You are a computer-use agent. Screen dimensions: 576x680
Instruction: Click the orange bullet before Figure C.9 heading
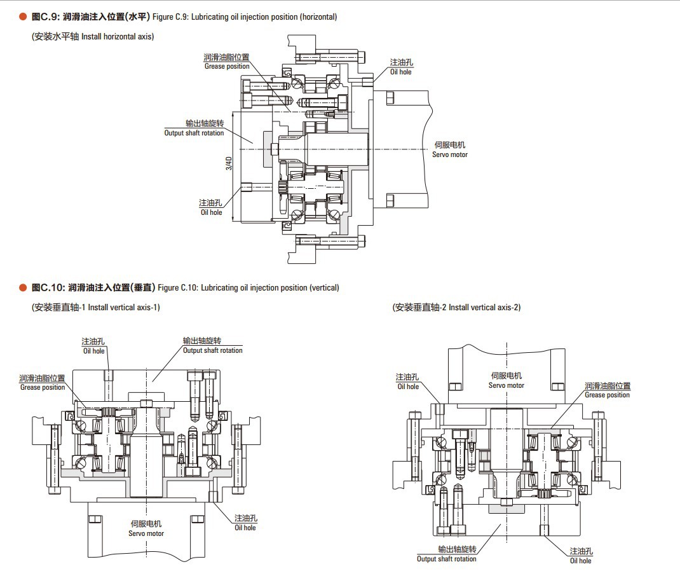(23, 17)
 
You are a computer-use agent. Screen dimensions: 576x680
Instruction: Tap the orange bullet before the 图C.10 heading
(23, 287)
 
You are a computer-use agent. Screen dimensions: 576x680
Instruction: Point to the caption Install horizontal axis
(118, 36)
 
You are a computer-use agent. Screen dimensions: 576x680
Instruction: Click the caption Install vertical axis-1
(123, 307)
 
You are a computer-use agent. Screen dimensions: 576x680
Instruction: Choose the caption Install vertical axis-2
(484, 307)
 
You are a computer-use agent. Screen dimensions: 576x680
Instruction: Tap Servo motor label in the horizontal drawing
(450, 154)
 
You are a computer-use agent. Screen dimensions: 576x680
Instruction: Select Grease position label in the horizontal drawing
(227, 66)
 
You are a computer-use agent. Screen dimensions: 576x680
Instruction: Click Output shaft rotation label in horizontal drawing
(194, 133)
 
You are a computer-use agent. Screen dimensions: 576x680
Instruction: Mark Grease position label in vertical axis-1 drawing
(43, 387)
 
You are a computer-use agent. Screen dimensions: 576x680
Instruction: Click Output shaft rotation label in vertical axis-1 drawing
(212, 350)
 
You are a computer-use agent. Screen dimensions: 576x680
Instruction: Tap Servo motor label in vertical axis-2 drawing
(507, 385)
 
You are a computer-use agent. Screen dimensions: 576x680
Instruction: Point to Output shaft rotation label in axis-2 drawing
(446, 559)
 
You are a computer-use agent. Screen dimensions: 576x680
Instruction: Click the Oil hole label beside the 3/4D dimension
(212, 212)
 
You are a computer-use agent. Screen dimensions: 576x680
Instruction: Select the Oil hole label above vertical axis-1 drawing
(94, 351)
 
